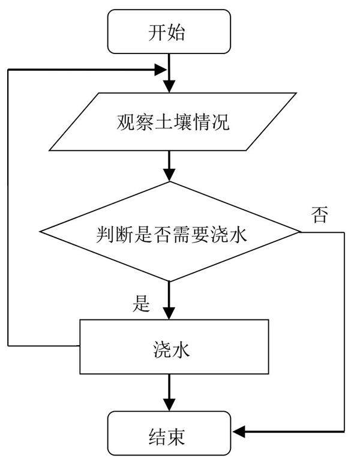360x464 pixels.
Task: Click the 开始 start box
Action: (x=170, y=31)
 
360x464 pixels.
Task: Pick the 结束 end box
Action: (x=170, y=433)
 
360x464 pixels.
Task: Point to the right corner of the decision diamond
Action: (x=299, y=232)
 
